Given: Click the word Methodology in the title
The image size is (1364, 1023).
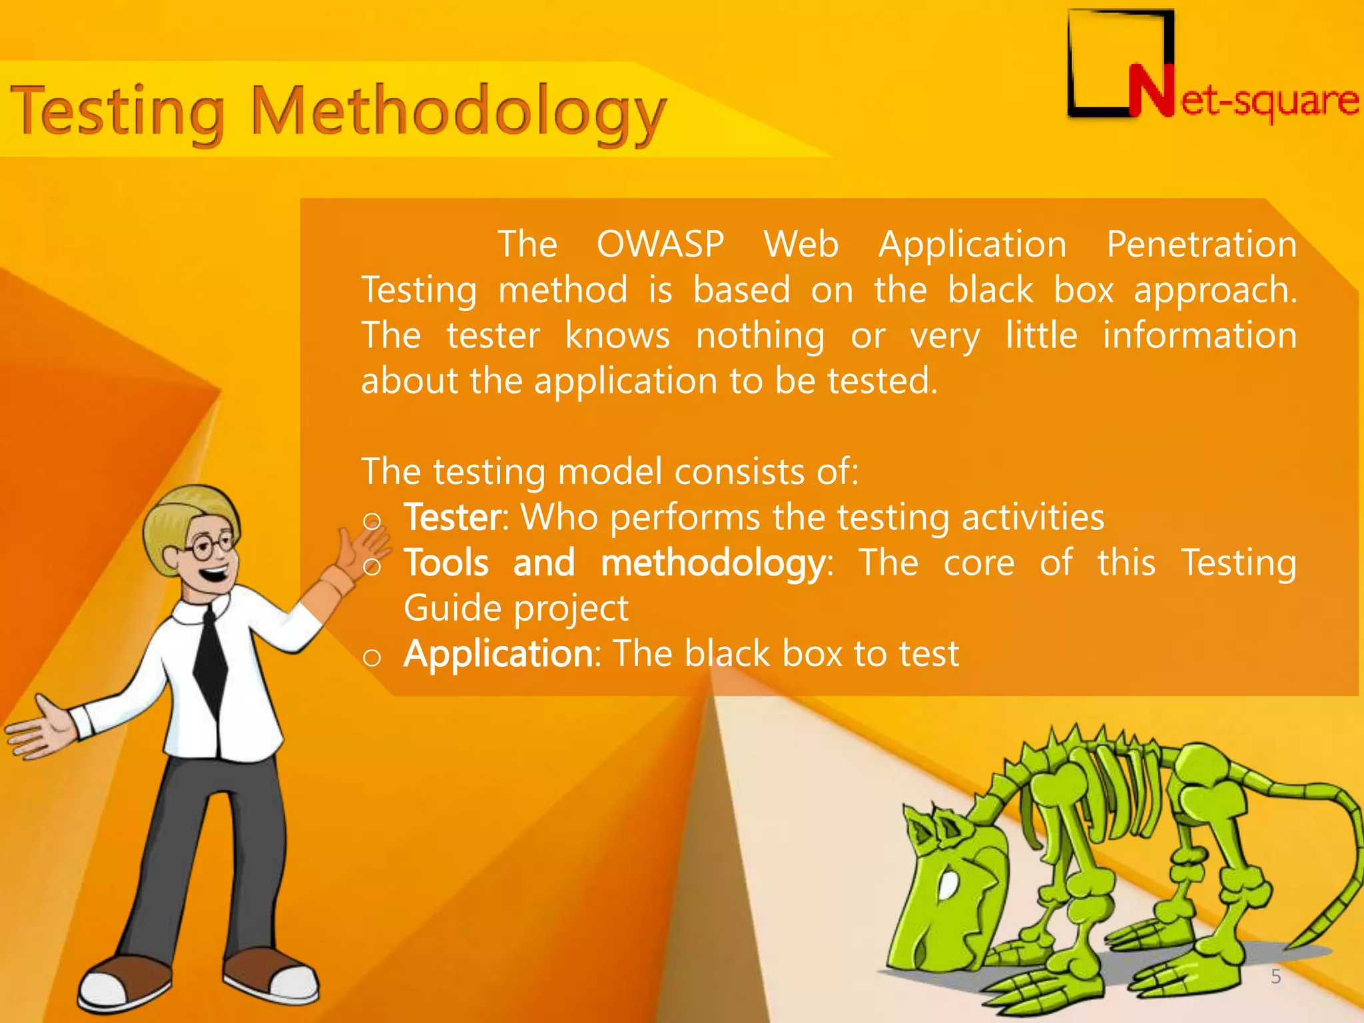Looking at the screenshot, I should [458, 111].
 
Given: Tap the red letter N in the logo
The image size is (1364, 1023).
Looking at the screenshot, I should [1151, 91].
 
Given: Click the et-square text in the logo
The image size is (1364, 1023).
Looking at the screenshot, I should [1269, 101].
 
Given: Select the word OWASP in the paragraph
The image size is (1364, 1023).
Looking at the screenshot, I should [660, 244].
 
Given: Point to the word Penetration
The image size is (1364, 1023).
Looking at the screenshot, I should [1201, 244].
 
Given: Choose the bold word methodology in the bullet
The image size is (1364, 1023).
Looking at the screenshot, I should [713, 563].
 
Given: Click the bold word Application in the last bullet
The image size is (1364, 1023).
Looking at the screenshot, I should [498, 653].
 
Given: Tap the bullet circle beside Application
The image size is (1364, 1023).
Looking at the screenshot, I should [372, 658].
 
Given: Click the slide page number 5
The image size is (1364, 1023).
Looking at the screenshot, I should [1275, 976].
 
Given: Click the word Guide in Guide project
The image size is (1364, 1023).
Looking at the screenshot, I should [452, 608].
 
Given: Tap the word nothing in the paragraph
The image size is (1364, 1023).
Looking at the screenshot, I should [760, 335].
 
